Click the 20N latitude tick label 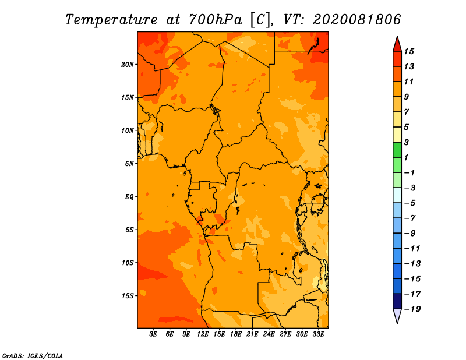tap(128, 65)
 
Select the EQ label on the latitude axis tap(129, 197)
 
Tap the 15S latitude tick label tap(128, 296)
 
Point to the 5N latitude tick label tap(129, 164)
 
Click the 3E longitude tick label tap(153, 334)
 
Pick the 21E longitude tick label tap(252, 334)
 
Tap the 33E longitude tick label tap(318, 334)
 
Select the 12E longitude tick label tap(203, 334)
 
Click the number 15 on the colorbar tap(409, 51)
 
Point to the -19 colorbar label tap(412, 309)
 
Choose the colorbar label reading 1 tap(406, 157)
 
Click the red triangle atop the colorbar tap(397, 45)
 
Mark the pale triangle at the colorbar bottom tap(397, 316)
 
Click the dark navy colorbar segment tap(397, 301)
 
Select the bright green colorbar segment tap(397, 150)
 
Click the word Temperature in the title tap(111, 20)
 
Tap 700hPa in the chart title tap(215, 20)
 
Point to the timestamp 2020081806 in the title tap(356, 20)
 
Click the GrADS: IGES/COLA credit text tap(33, 355)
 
